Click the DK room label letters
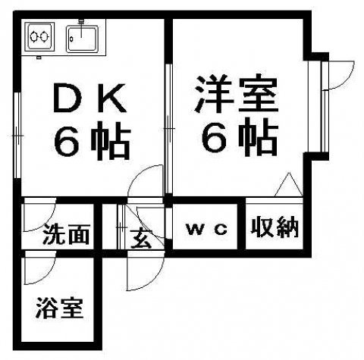click(89, 98)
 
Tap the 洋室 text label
click(236, 93)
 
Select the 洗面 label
click(66, 234)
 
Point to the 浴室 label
click(60, 308)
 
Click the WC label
click(207, 230)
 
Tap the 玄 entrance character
click(141, 239)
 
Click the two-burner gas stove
click(39, 36)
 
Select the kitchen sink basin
click(82, 39)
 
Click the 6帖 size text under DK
click(93, 141)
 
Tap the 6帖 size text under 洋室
click(240, 136)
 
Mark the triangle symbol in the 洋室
click(289, 184)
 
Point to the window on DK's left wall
click(17, 136)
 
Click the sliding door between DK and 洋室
click(168, 129)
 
